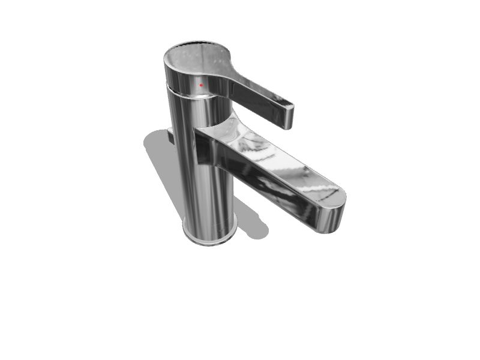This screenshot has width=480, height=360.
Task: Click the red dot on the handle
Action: click(201, 85)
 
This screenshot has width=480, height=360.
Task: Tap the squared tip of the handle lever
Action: click(289, 117)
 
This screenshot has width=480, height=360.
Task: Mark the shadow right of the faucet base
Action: click(252, 222)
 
